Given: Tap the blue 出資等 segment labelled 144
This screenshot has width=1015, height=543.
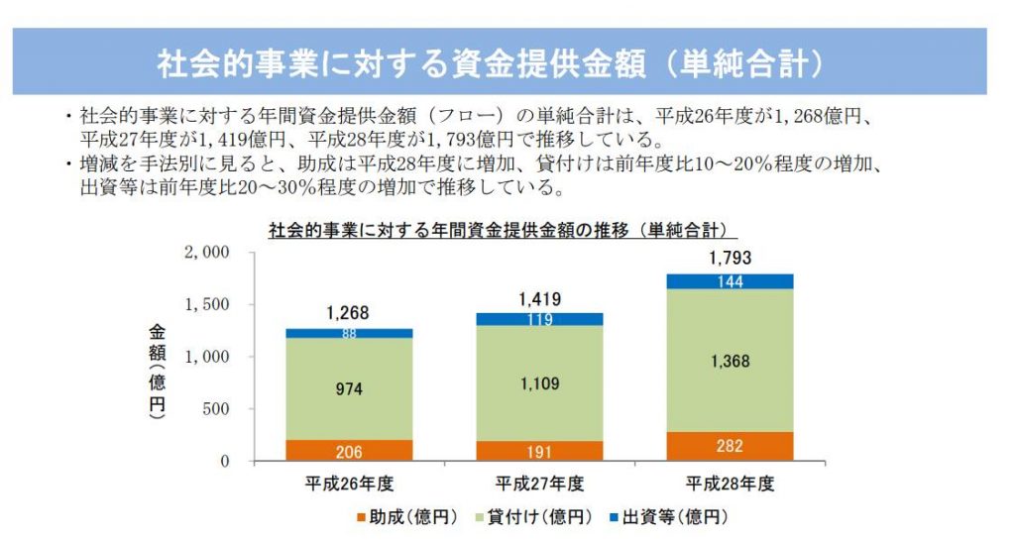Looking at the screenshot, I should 730,281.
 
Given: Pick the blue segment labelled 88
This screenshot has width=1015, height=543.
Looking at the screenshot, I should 348,334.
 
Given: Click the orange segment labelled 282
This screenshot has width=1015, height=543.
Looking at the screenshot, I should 730,446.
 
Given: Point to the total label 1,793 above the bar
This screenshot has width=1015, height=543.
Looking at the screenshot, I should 730,259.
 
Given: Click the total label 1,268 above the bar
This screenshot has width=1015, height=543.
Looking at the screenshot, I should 348,313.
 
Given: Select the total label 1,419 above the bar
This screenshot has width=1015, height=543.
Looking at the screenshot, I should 539,297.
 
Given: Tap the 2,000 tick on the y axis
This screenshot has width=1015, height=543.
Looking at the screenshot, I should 207,253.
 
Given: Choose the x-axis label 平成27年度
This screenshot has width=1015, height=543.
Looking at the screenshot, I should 539,485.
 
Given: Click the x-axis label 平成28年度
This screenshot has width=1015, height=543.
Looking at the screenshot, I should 730,485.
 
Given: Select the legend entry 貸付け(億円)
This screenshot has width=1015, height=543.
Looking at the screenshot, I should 537,517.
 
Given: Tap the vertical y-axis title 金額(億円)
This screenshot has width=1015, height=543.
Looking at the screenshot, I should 158,373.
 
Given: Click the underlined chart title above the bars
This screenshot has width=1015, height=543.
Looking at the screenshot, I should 504,231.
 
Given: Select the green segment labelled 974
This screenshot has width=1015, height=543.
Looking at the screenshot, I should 348,389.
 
